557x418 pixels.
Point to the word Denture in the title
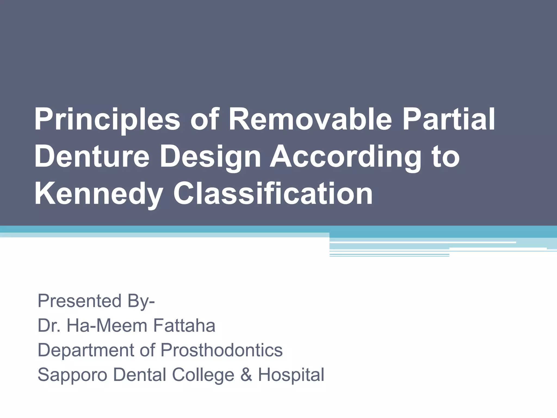(x=92, y=156)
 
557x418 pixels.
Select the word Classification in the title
(x=273, y=194)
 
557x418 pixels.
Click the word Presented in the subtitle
(x=79, y=301)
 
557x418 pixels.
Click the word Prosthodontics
(x=222, y=350)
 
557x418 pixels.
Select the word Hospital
(x=291, y=375)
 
